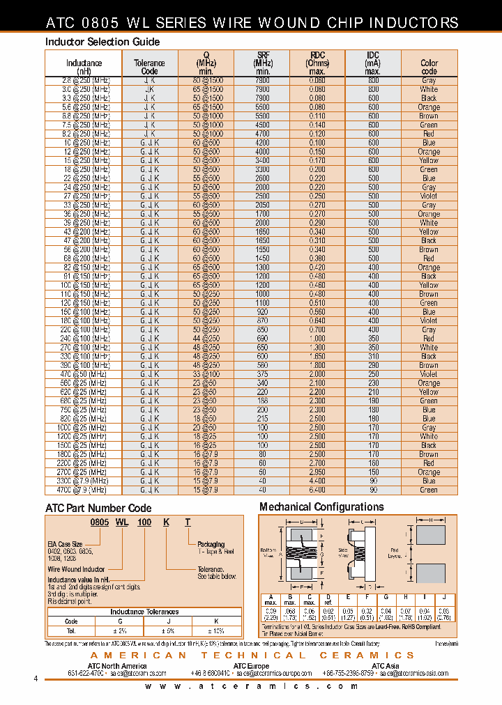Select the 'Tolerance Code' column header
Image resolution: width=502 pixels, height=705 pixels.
click(149, 67)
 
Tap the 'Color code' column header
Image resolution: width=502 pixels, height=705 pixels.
click(429, 67)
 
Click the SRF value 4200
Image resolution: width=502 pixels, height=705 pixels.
click(262, 143)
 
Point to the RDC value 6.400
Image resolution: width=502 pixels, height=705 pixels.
click(317, 490)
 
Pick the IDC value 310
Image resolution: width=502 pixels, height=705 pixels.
click(374, 356)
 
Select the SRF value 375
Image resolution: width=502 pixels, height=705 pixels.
click(262, 374)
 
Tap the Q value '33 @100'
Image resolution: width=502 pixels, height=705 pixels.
click(206, 374)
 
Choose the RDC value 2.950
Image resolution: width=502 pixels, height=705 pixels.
click(317, 472)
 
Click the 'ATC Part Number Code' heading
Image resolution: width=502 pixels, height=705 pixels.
click(98, 509)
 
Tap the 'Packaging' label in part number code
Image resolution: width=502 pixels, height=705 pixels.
click(211, 544)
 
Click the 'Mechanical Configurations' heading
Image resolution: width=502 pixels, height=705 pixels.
click(321, 507)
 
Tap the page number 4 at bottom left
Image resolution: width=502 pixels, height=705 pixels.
click(36, 680)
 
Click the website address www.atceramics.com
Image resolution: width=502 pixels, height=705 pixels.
click(253, 687)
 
